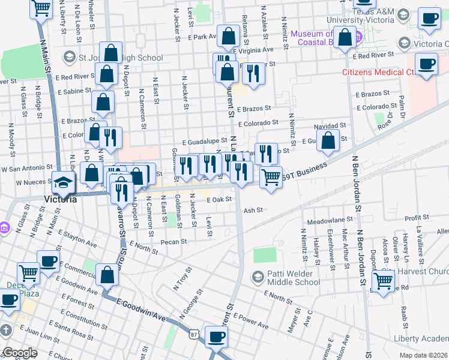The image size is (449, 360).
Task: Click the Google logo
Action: (x=20, y=353)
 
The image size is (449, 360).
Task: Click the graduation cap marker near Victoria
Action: (x=62, y=182)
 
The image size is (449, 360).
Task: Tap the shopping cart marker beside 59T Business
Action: (x=271, y=176)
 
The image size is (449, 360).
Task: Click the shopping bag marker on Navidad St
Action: (x=328, y=142)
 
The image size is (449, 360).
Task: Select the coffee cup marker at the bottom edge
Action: (x=216, y=337)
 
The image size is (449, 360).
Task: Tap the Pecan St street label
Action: (x=174, y=242)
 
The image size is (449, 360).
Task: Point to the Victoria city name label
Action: (x=61, y=199)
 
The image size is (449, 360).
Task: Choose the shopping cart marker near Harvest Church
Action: (x=383, y=280)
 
